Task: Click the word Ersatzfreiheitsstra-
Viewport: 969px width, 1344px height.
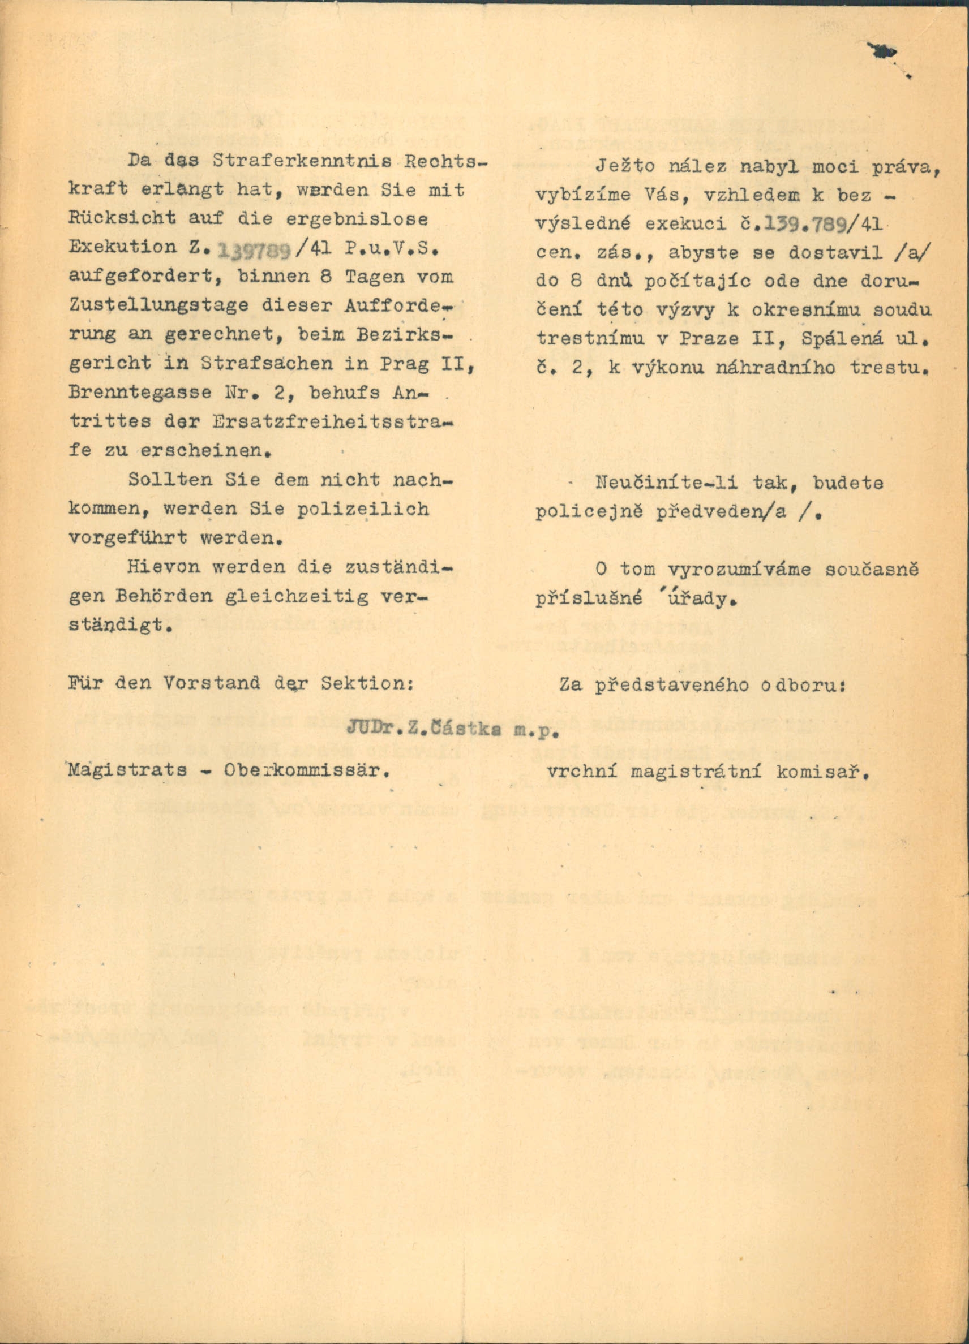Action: pyautogui.click(x=333, y=422)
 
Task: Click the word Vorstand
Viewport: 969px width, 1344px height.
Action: pyautogui.click(x=212, y=683)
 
